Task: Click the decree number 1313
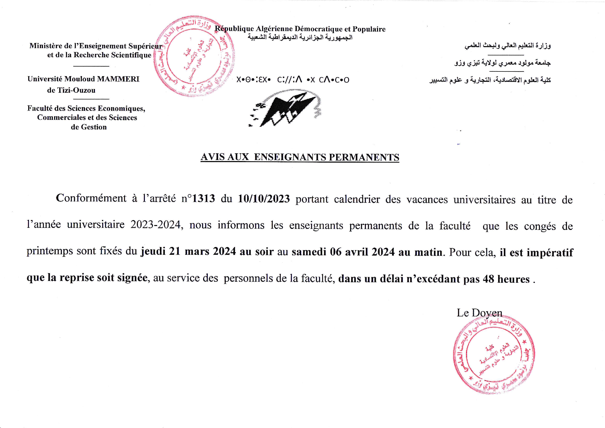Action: point(203,199)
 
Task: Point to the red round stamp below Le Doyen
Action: point(494,358)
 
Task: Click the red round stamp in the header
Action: point(194,56)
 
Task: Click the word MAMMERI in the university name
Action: point(118,79)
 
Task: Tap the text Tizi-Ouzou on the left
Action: point(71,90)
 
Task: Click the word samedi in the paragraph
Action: point(309,252)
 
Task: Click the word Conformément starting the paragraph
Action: point(91,198)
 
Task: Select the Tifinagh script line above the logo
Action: point(293,80)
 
